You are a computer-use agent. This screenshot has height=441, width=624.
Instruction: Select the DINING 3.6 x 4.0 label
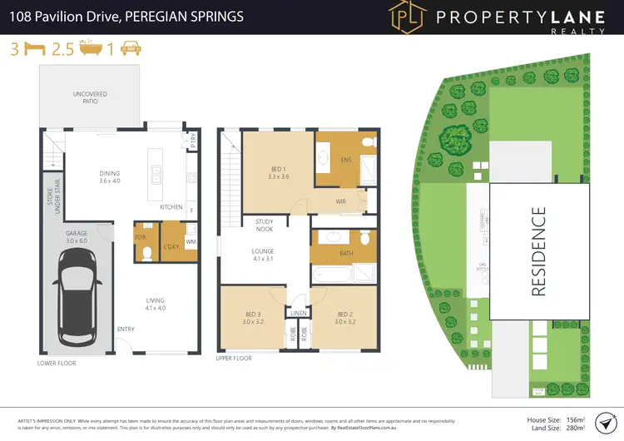110,176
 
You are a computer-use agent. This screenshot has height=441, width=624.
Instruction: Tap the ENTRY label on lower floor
126,329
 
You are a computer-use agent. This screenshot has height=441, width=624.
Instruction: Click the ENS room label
347,159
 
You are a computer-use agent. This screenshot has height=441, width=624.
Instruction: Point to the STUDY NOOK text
265,225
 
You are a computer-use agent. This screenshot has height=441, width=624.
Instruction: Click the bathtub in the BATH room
331,274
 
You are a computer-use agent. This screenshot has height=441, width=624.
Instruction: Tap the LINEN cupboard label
299,313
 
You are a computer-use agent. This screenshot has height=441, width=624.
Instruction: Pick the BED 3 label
253,318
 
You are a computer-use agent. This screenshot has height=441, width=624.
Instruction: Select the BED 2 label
346,318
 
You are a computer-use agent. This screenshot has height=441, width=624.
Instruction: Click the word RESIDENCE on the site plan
538,251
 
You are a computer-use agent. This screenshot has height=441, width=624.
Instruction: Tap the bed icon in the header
34,48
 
